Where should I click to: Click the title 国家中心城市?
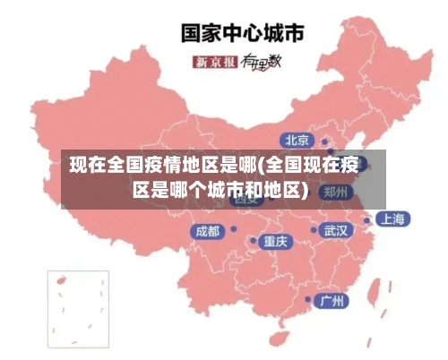[243, 33]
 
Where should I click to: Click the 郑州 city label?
[337, 192]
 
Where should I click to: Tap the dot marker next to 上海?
[367, 219]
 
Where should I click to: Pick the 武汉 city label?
[336, 230]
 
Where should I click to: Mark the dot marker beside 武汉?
[314, 230]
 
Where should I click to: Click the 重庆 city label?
[275, 242]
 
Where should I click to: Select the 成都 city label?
[207, 231]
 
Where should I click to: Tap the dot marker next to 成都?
[229, 231]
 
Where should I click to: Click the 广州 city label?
[333, 300]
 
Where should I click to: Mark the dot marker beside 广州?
[309, 300]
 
